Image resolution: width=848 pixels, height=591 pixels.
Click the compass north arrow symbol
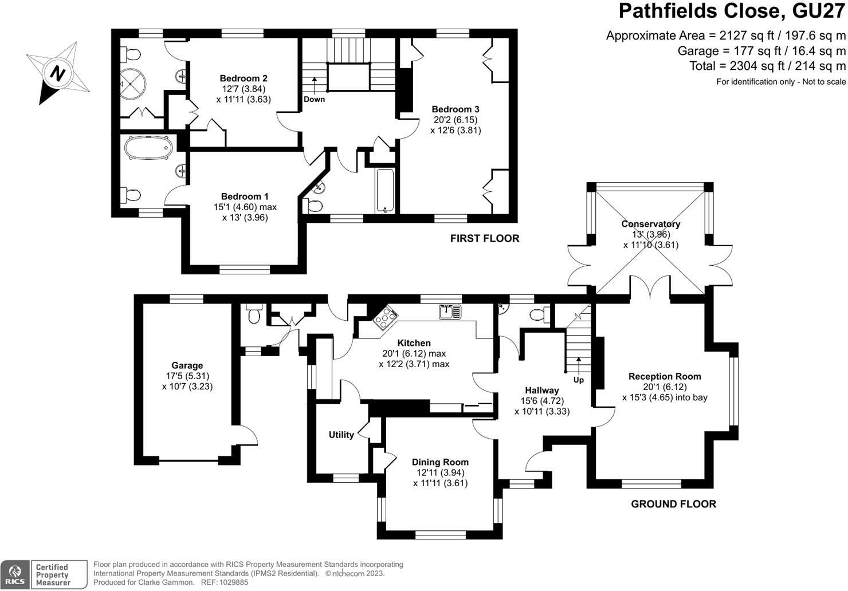57,73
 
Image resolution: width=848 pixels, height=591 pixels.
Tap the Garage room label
187,365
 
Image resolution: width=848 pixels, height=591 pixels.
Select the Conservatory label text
650,224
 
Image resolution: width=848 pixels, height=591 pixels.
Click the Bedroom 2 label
244,78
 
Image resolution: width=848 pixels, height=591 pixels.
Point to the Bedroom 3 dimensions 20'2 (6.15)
456,120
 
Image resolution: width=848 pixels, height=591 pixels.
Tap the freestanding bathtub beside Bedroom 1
148,148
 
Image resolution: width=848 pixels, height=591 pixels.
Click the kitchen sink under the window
450,312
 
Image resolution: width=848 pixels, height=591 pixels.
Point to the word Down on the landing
314,99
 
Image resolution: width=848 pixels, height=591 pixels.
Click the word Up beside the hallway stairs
579,380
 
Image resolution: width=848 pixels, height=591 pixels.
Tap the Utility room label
341,435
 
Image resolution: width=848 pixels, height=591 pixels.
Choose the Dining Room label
440,462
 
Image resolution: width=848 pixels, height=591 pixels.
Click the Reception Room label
665,376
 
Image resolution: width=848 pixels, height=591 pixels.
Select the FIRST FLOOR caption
484,238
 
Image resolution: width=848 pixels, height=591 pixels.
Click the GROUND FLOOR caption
673,504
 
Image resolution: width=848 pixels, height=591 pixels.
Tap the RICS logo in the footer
15,574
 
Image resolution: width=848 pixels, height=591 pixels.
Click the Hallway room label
541,391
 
